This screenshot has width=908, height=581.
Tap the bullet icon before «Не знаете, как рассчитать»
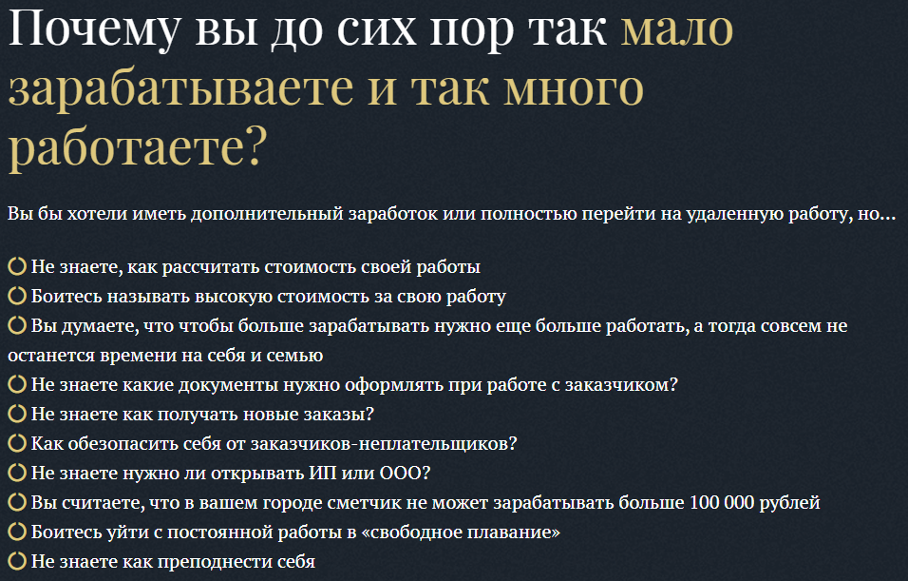17,267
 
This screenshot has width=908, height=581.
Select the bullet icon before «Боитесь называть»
17,297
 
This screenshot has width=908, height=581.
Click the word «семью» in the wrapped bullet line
296,356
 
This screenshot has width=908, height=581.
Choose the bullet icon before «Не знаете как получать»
17,415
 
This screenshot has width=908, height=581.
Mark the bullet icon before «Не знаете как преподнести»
17,561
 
